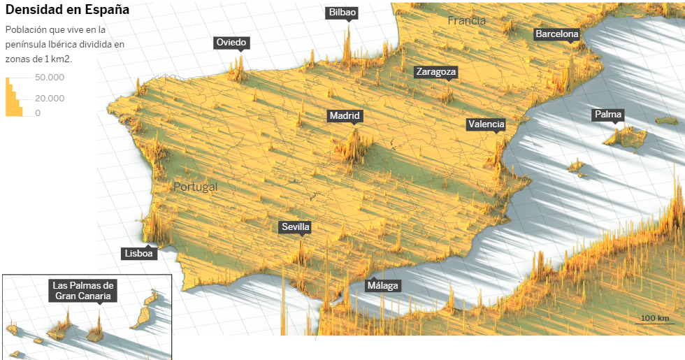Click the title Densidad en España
tap(67, 10)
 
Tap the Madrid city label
tap(345, 116)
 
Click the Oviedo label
tap(231, 43)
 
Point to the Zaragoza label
tap(435, 72)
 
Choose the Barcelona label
tap(557, 34)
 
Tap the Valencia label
tap(486, 124)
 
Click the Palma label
tap(607, 115)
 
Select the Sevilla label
tap(295, 227)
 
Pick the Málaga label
tap(383, 285)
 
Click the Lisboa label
tap(138, 254)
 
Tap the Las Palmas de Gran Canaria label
tap(83, 291)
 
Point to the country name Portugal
tap(196, 187)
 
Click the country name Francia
tap(467, 21)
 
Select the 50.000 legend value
tap(50, 78)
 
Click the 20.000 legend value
tap(50, 99)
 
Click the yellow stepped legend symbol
tap(13, 98)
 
